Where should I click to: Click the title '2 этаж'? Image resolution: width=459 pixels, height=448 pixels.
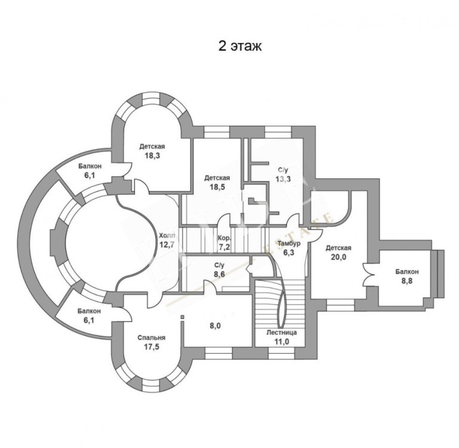[x=240, y=46]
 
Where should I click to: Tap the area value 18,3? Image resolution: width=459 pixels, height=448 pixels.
[x=152, y=155]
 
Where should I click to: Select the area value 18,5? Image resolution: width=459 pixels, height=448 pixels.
[x=217, y=187]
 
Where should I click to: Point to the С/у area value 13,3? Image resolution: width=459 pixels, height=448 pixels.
[x=283, y=179]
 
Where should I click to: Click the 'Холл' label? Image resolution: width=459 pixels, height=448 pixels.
[x=167, y=235]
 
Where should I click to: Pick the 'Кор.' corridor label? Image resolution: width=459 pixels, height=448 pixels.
[x=224, y=238]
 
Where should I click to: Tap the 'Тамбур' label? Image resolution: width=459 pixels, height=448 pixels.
[x=289, y=244]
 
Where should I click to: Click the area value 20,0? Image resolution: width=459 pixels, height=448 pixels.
[x=338, y=257]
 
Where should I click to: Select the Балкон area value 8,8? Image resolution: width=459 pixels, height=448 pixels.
[x=407, y=282]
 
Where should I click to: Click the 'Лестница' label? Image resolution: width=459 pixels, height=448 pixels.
[x=281, y=332]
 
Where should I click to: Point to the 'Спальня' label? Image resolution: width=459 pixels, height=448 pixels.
[x=152, y=337]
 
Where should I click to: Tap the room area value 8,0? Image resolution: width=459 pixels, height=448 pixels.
[x=215, y=326]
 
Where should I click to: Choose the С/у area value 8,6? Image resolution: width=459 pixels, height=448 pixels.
[x=219, y=274]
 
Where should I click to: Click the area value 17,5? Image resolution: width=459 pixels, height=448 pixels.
[x=151, y=347]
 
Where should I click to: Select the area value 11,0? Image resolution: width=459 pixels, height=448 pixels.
[x=281, y=341]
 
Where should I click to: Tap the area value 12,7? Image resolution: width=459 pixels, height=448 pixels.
[x=167, y=245]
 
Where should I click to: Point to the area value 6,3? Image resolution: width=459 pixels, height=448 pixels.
[x=289, y=252]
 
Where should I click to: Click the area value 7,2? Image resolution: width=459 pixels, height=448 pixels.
[x=224, y=247]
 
